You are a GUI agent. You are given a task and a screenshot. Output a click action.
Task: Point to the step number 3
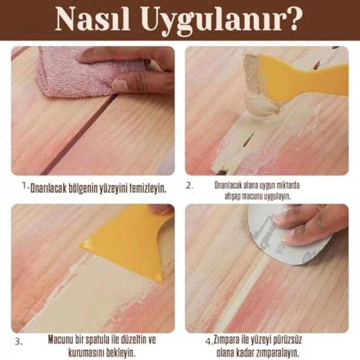[x=19, y=340]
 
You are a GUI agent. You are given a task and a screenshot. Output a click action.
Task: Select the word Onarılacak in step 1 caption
[x=49, y=188]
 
